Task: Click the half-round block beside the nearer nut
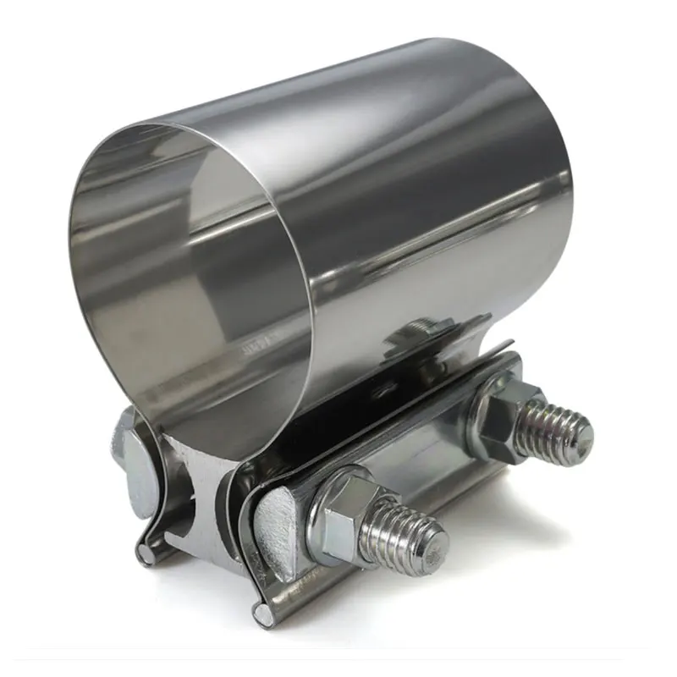(x=275, y=525)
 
